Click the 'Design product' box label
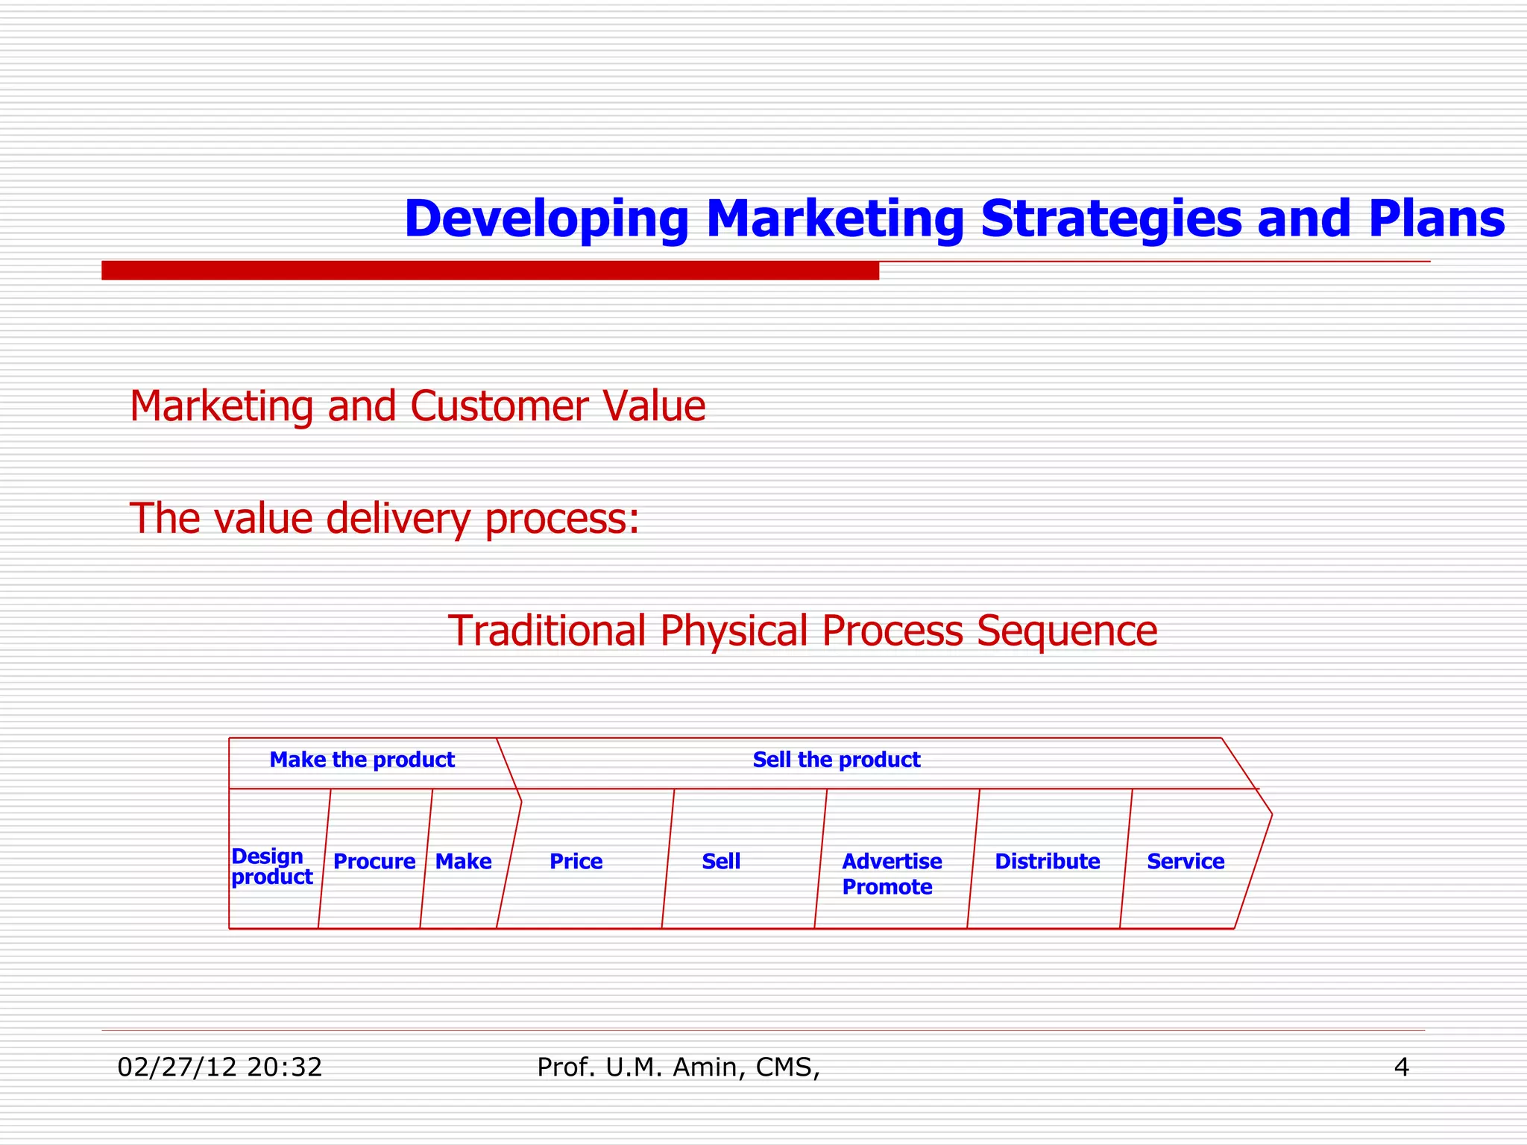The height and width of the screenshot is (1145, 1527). click(271, 866)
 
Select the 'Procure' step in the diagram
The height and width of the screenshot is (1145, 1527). click(374, 862)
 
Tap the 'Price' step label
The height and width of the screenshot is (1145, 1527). click(576, 862)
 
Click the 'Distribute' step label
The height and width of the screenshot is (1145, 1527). click(1047, 862)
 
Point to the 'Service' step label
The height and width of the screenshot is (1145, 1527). click(1185, 862)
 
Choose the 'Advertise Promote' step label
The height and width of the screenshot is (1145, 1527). click(891, 874)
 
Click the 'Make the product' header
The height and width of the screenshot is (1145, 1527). click(362, 760)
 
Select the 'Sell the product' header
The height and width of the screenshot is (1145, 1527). click(836, 760)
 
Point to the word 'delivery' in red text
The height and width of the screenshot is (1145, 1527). click(397, 519)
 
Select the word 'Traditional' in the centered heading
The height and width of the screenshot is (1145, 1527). click(547, 631)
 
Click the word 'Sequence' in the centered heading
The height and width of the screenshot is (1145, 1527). click(1066, 631)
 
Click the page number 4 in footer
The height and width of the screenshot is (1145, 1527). click(1400, 1067)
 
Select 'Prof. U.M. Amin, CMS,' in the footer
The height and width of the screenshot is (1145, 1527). click(678, 1067)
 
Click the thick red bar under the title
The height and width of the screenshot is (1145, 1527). click(490, 271)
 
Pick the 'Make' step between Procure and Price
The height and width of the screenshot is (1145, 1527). click(463, 862)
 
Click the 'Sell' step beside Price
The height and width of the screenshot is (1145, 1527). click(720, 862)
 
